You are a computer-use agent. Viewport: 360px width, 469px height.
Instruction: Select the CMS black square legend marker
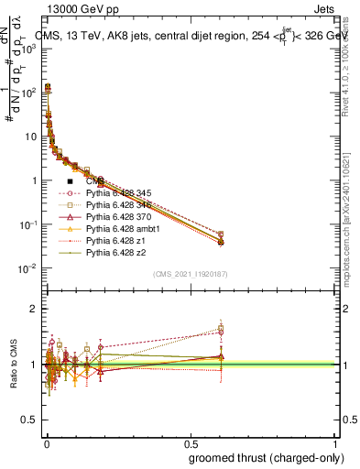point(71,181)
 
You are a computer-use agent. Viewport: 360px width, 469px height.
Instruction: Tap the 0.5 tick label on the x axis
point(189,445)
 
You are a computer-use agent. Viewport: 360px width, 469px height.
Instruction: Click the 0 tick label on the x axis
point(46,445)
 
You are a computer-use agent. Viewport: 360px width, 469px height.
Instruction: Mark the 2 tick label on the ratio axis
point(32,309)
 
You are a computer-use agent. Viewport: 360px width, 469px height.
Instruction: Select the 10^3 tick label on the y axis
point(27,48)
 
